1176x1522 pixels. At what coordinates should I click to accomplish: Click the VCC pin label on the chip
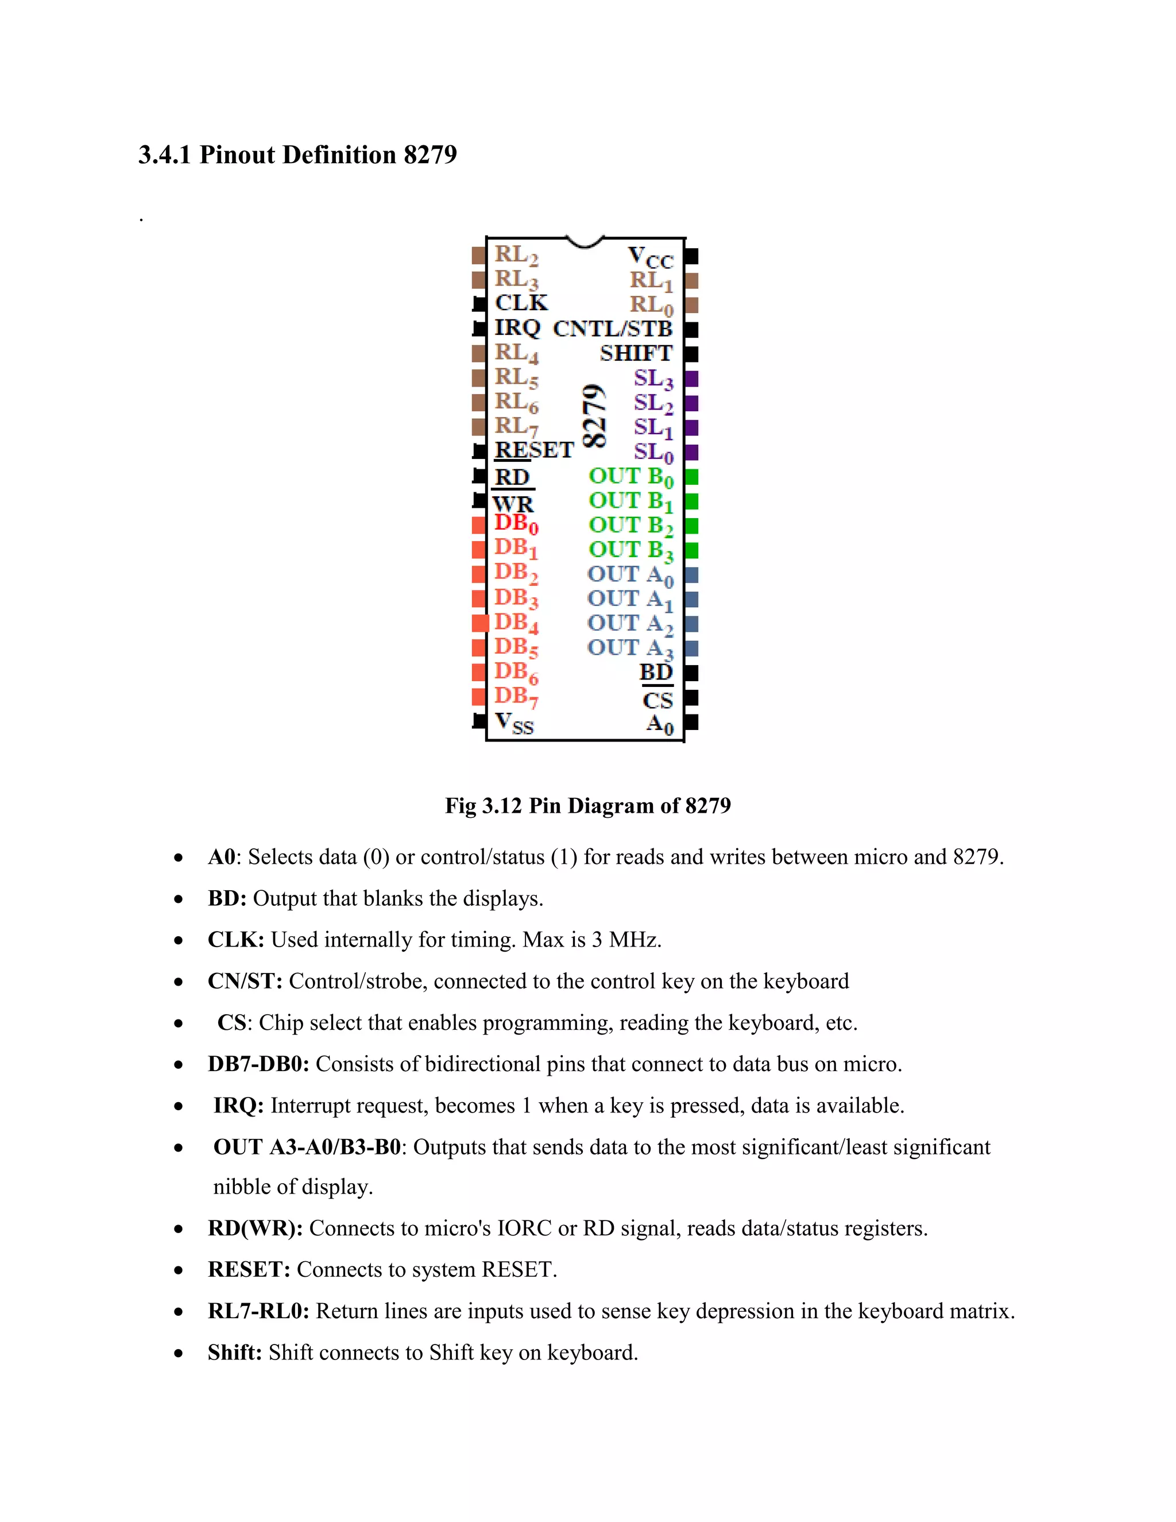point(651,258)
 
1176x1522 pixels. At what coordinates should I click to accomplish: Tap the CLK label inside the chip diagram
point(521,303)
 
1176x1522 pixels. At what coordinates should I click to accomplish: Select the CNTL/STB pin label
point(612,328)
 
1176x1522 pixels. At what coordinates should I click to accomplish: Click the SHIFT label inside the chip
point(636,353)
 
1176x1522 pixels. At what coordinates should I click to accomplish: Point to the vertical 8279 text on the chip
point(594,415)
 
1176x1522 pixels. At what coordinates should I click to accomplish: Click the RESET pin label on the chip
point(533,450)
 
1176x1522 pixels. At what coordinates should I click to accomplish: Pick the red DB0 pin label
point(516,523)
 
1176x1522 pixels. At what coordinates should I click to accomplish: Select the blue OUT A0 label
point(630,575)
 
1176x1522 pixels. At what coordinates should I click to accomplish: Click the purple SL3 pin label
point(653,379)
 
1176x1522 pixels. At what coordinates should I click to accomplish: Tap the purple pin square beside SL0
point(691,452)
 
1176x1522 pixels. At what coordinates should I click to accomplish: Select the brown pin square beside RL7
point(479,427)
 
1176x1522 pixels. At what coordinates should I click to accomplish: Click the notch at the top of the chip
point(585,242)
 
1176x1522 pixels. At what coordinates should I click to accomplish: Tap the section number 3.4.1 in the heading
point(164,154)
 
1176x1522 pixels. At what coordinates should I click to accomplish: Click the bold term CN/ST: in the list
point(245,981)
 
